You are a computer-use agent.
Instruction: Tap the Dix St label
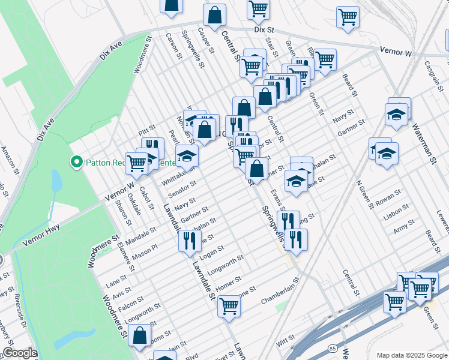click(264, 29)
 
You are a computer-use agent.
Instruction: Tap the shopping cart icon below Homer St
click(229, 307)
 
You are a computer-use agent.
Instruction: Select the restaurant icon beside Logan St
click(189, 241)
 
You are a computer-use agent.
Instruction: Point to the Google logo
click(20, 353)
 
